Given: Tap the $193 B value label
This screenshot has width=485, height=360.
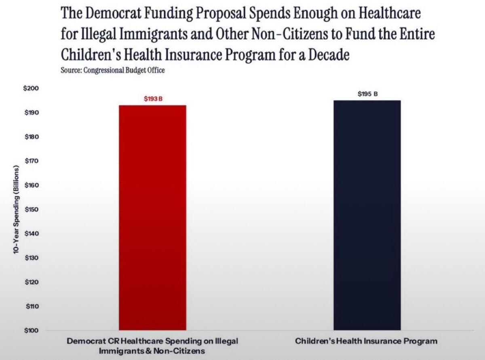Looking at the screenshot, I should click(153, 99).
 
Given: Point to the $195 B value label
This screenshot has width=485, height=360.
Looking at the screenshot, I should click(367, 94).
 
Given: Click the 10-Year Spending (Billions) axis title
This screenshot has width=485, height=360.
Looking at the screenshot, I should click(16, 209).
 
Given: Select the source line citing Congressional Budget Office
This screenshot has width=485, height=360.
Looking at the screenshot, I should click(112, 70).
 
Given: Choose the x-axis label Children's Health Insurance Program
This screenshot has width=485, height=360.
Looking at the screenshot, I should click(366, 341).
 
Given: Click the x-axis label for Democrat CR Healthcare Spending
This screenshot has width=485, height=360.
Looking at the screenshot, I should click(152, 346).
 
